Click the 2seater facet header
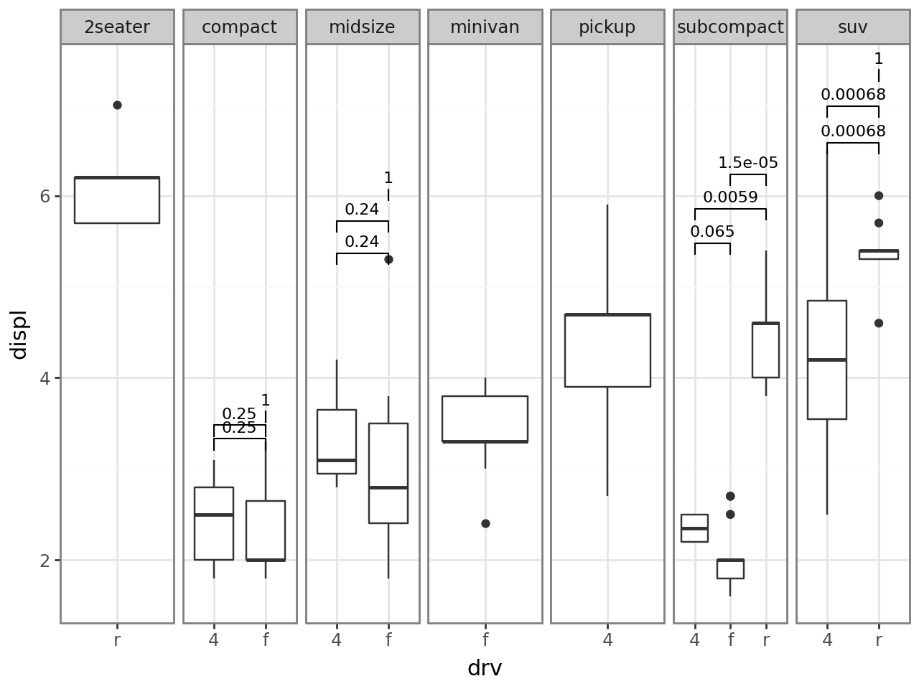point(117,27)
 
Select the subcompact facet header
point(730,27)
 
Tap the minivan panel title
point(485,27)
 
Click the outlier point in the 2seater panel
point(117,105)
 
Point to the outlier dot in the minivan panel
point(485,523)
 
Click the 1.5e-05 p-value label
point(748,163)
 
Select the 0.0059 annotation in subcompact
point(730,197)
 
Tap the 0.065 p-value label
point(712,232)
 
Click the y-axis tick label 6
point(45,196)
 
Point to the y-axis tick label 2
point(45,560)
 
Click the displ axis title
point(19,334)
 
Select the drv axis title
point(485,668)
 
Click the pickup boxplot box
point(607,350)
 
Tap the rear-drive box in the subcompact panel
point(765,350)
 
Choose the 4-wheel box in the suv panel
point(827,360)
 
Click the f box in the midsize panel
point(388,473)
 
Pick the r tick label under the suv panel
point(879,639)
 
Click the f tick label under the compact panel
point(266,639)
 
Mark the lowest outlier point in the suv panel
point(879,323)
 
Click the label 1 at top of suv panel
point(879,59)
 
